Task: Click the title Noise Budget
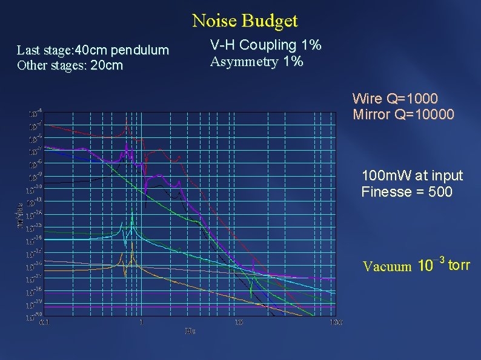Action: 245,21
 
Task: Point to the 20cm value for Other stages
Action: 106,65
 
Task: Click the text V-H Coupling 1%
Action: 265,45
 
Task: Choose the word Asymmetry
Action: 239,62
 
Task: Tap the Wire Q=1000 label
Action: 395,99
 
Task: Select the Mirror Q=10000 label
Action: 403,114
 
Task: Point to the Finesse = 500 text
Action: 406,192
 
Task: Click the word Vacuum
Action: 386,266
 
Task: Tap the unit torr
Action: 459,264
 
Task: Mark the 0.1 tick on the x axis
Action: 44,322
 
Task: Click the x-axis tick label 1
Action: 141,322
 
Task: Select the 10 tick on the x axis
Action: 239,322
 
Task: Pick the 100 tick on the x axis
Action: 336,322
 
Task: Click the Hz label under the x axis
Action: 190,331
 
